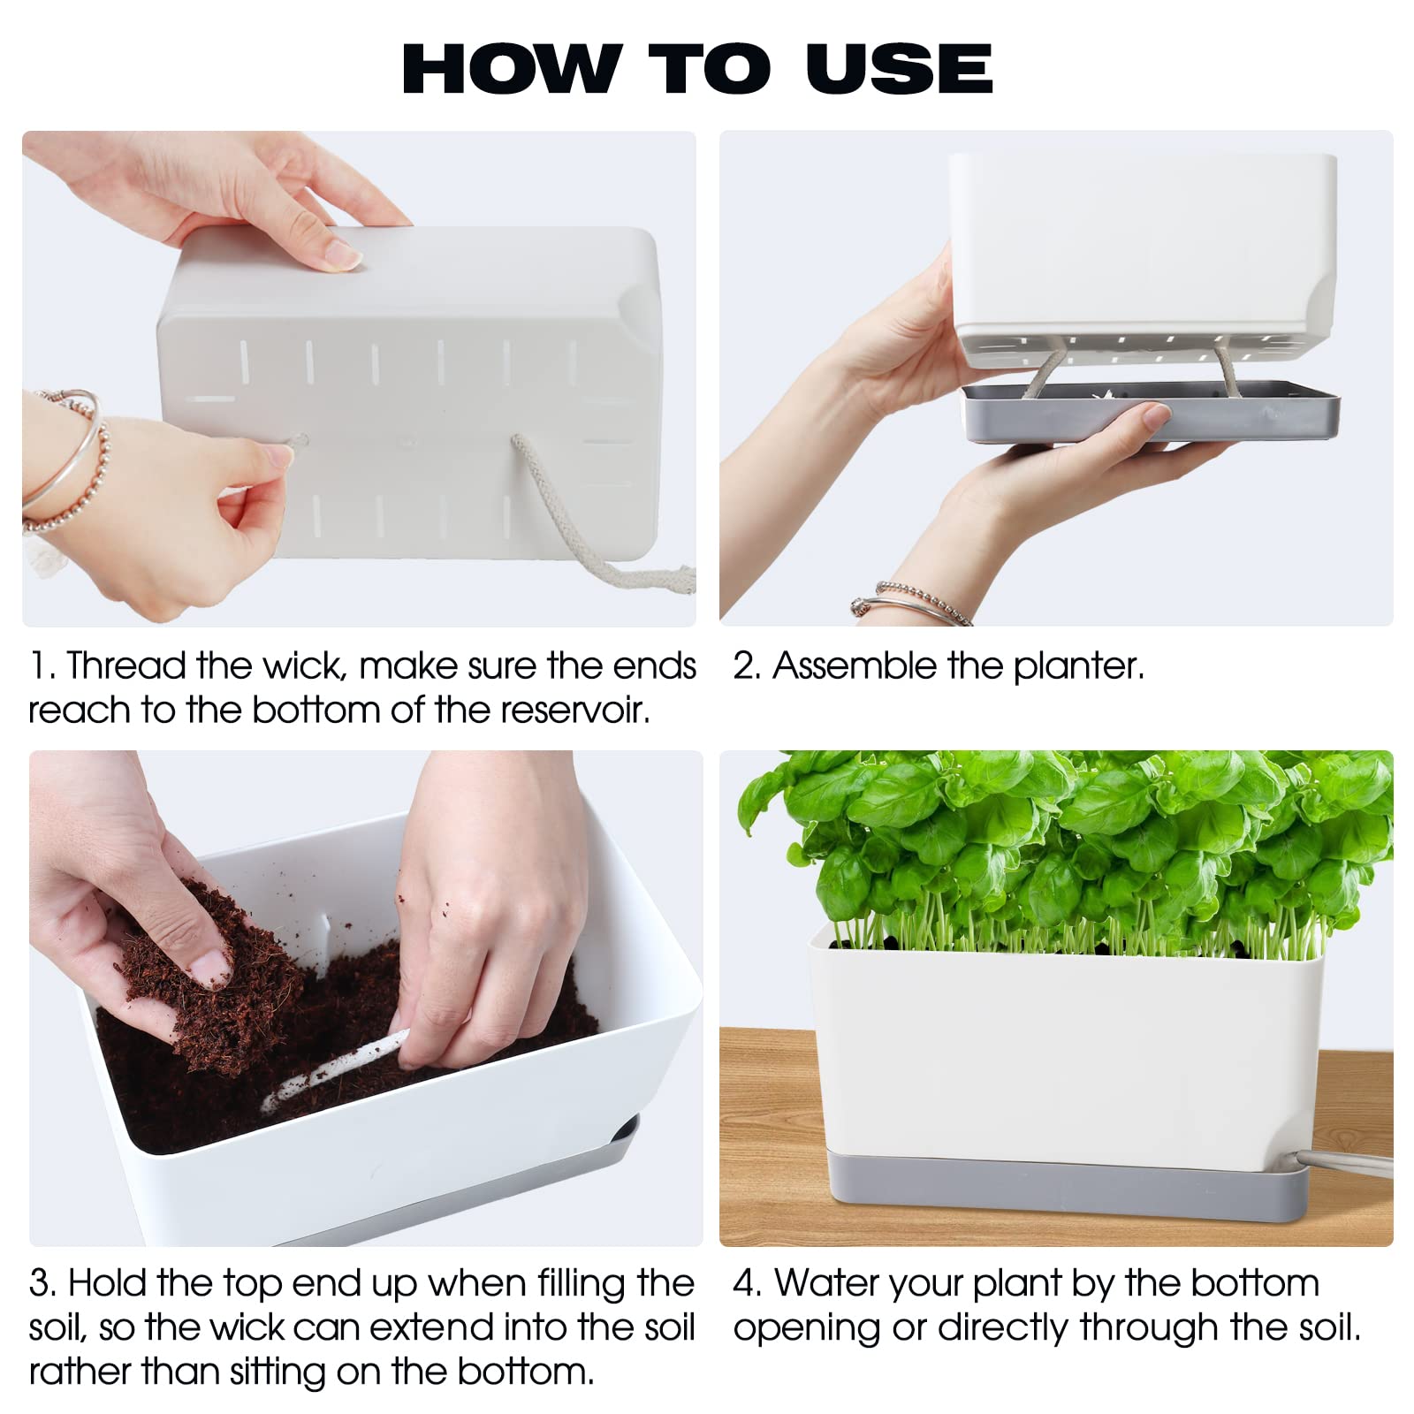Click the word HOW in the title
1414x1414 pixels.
(511, 68)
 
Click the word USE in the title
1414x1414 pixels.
(899, 68)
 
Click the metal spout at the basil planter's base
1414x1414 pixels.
(1344, 1162)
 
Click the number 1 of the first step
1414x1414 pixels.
(38, 666)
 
